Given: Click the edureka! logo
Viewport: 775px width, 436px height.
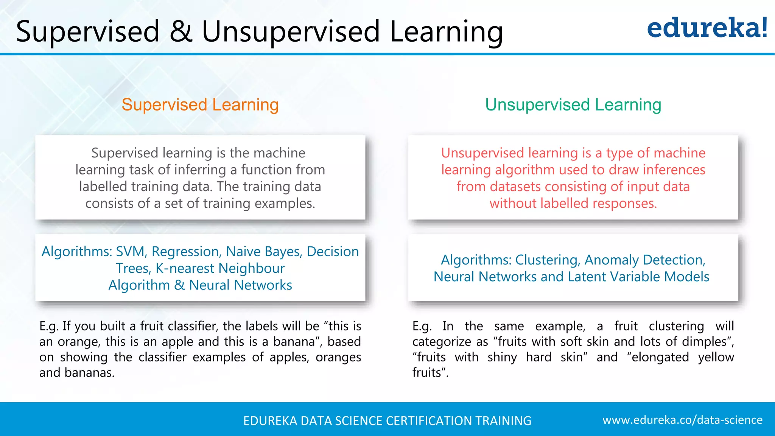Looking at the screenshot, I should [707, 28].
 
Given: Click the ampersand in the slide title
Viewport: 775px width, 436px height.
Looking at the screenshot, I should [181, 31].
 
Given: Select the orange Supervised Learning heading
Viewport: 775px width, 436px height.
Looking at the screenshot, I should [200, 105].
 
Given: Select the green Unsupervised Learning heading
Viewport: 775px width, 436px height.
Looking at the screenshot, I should [573, 105].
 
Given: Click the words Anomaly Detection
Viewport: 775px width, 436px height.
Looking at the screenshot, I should [644, 260].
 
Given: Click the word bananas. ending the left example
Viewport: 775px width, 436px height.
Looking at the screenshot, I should [89, 373].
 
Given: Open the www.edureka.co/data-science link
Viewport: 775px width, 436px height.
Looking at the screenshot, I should [682, 420].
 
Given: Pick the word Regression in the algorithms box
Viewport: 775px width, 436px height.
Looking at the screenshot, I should [185, 252].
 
